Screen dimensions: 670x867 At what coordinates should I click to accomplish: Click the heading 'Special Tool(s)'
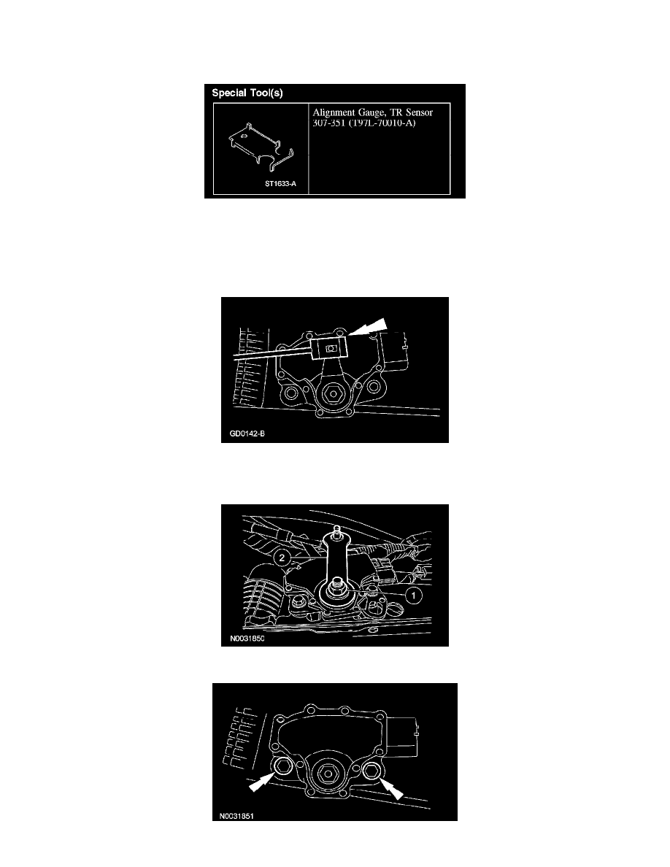(247, 93)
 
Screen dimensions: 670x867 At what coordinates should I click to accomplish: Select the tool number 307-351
(329, 123)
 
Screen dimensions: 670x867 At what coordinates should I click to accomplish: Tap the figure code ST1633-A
(280, 184)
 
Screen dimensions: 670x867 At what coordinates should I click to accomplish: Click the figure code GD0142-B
(247, 433)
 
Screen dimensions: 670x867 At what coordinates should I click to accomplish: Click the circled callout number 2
(282, 558)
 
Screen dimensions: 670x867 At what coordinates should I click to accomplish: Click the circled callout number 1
(414, 596)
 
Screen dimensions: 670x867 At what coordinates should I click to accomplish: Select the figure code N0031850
(247, 639)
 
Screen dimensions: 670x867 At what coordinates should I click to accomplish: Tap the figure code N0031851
(236, 816)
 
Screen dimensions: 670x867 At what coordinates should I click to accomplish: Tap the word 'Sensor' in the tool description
(419, 112)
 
